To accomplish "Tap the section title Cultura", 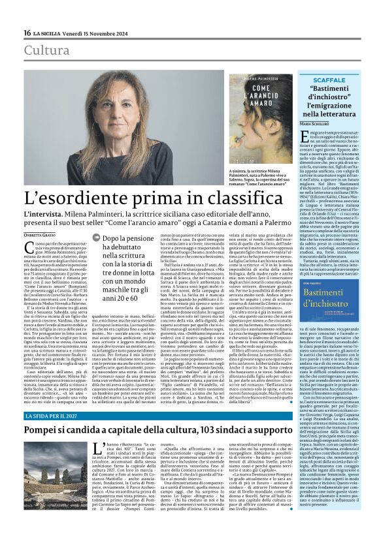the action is pos(46,50).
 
